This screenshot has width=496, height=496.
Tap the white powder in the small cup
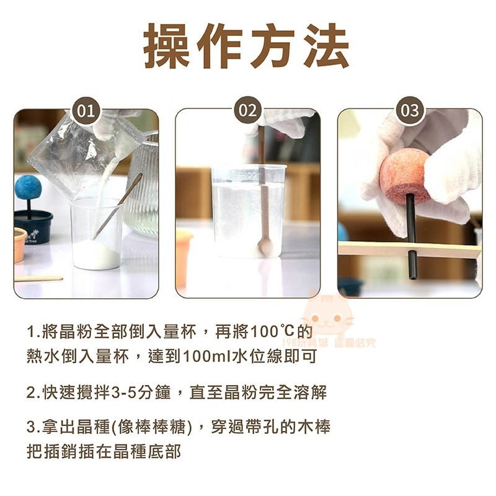(x=96, y=254)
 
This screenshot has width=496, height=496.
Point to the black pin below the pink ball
(x=411, y=236)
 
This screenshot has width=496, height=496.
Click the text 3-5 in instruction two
(x=123, y=392)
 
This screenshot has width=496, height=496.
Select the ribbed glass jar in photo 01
(x=143, y=192)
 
